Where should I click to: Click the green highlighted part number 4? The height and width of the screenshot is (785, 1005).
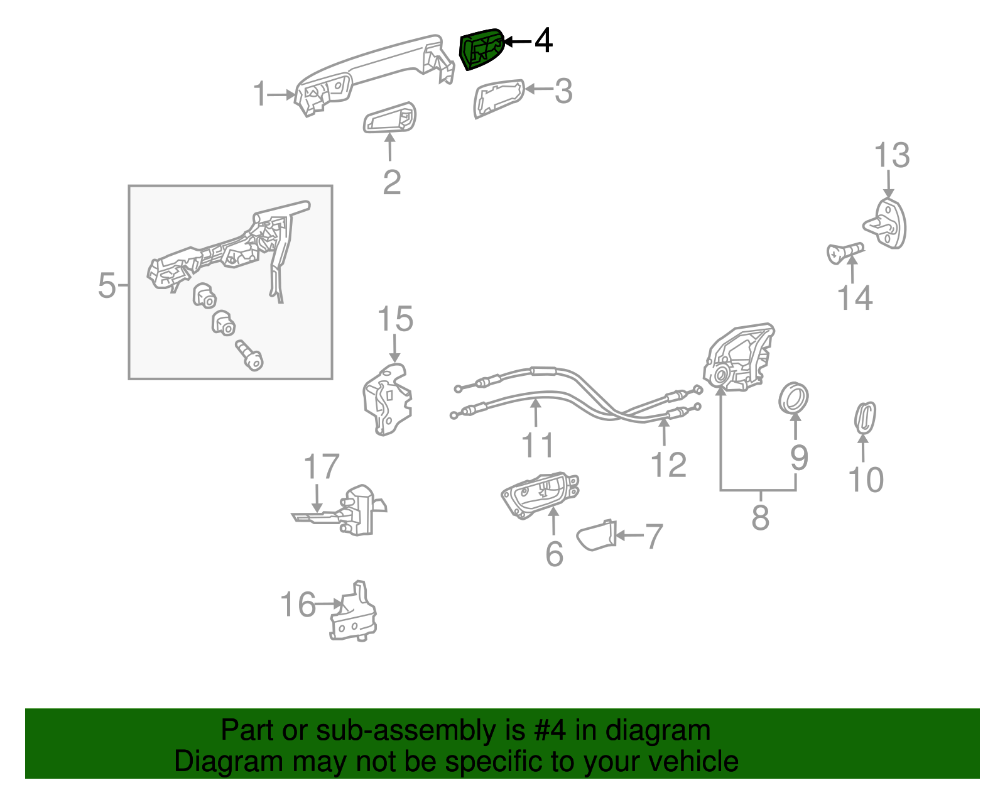pyautogui.click(x=482, y=48)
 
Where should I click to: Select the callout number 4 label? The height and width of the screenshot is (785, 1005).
pyautogui.click(x=543, y=41)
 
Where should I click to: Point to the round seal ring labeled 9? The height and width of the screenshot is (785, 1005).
pyautogui.click(x=793, y=398)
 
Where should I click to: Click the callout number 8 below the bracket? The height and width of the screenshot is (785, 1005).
pyautogui.click(x=760, y=518)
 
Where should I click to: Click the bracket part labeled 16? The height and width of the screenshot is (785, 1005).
pyautogui.click(x=353, y=613)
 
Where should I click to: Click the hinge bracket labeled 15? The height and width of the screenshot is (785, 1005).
pyautogui.click(x=388, y=401)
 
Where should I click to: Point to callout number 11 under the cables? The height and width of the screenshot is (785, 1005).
pyautogui.click(x=538, y=444)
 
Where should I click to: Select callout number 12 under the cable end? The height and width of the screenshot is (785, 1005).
pyautogui.click(x=668, y=465)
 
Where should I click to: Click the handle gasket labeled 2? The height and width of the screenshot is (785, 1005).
pyautogui.click(x=390, y=118)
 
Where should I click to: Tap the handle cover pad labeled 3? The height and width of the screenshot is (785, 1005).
pyautogui.click(x=498, y=98)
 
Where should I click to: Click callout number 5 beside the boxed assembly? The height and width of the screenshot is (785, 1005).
pyautogui.click(x=107, y=285)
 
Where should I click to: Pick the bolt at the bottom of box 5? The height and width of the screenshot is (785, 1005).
pyautogui.click(x=249, y=356)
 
